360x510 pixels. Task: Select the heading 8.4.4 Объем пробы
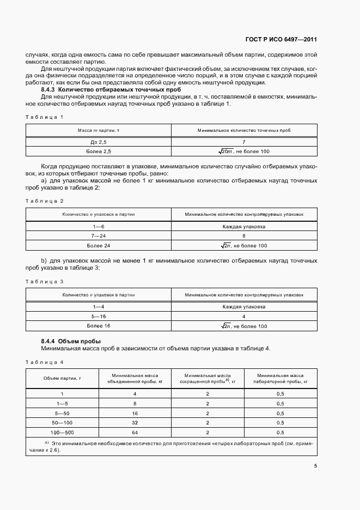[67, 341]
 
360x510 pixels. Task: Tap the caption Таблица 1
[45, 117]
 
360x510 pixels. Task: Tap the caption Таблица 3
[45, 282]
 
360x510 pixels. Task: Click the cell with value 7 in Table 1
[244, 142]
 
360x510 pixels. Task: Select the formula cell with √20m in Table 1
[243, 152]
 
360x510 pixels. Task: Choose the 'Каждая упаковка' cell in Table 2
[244, 226]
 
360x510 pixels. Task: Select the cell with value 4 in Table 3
[244, 316]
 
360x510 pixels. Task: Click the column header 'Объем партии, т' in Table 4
[62, 379]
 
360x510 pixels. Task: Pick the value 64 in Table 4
[135, 433]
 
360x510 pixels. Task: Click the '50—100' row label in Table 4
[62, 423]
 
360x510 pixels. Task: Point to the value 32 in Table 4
[135, 423]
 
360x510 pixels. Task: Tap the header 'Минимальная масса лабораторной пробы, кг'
[280, 379]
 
